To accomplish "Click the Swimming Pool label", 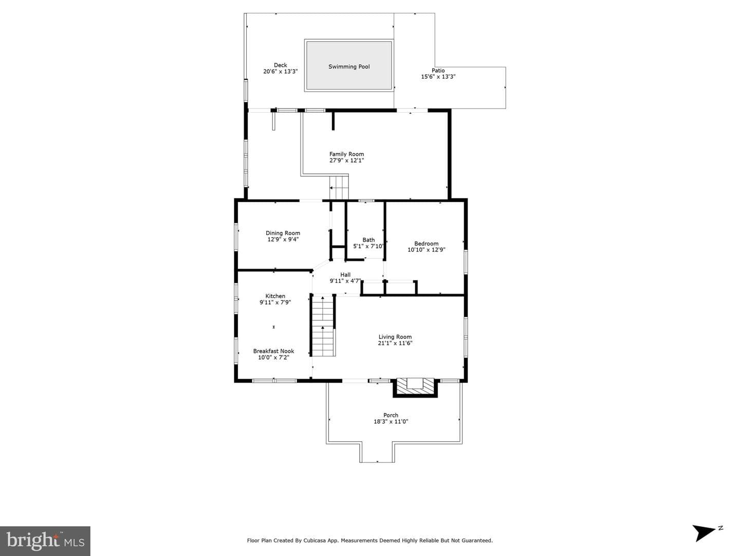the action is pyautogui.click(x=349, y=67).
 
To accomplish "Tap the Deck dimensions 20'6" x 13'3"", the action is pyautogui.click(x=280, y=71).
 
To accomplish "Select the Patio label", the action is pyautogui.click(x=438, y=70).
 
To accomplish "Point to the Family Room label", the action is pyautogui.click(x=346, y=154).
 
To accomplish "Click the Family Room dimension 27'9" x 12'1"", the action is pyautogui.click(x=346, y=160).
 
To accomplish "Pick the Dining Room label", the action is pyautogui.click(x=283, y=233).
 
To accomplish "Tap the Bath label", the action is pyautogui.click(x=368, y=240).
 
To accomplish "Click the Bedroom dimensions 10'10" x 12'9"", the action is pyautogui.click(x=426, y=250).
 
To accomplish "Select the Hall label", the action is pyautogui.click(x=345, y=275).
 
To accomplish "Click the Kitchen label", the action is pyautogui.click(x=275, y=296).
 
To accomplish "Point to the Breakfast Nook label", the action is pyautogui.click(x=273, y=351).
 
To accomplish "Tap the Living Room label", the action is pyautogui.click(x=395, y=337).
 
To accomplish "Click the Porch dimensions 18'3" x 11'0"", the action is pyautogui.click(x=391, y=421).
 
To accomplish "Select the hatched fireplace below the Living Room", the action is pyautogui.click(x=415, y=387).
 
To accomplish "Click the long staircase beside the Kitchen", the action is pyautogui.click(x=323, y=325).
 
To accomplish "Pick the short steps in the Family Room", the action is pyautogui.click(x=339, y=187).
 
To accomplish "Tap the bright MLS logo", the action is pyautogui.click(x=45, y=541).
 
